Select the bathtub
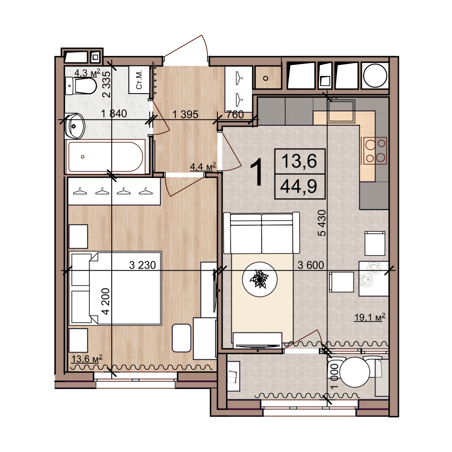105,156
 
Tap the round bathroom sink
75,126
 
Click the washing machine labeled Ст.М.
139,80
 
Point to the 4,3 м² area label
87,72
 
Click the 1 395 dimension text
185,114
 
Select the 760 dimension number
235,114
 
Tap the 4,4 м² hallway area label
203,166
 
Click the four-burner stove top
375,151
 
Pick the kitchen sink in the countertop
341,112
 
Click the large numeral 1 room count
256,172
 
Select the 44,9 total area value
299,186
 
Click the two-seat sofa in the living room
261,233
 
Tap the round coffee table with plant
260,279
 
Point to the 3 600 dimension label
311,265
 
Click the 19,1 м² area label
370,317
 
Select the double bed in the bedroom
115,288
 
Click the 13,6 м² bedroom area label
87,359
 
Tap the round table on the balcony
354,372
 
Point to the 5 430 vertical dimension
322,223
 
